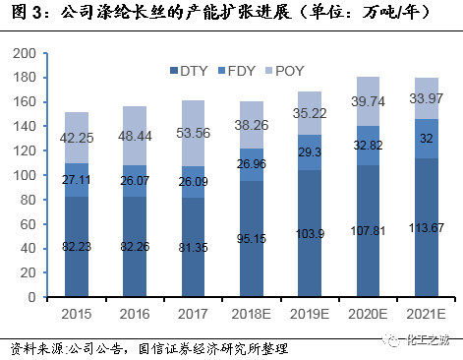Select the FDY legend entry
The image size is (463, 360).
[242, 71]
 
